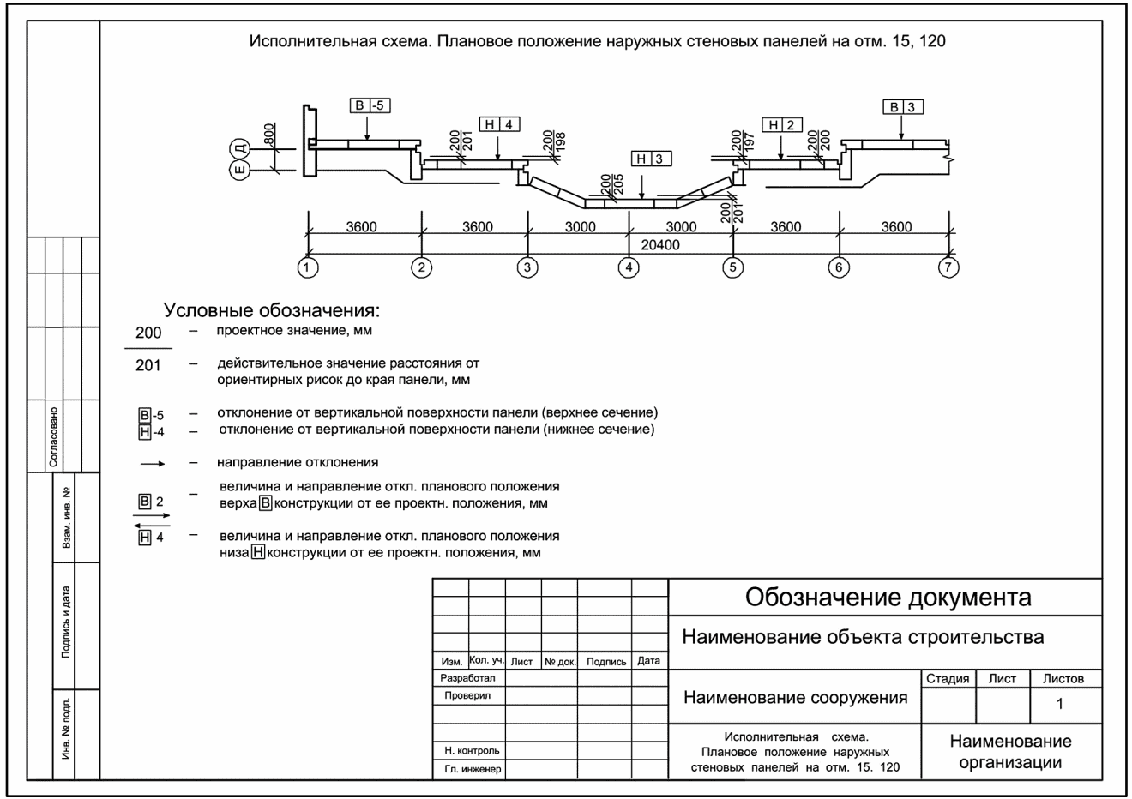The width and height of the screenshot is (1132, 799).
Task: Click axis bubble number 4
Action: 629,267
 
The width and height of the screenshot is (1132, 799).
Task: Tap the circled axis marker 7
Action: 948,267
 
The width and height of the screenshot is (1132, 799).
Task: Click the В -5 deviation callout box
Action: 370,105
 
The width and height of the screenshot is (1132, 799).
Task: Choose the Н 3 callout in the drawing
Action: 651,158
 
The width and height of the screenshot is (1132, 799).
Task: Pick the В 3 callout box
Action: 904,107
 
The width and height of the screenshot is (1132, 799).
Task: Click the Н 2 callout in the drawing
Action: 781,124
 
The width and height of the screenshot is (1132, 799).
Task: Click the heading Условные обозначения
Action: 271,310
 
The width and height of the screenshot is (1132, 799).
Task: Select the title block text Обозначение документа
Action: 888,597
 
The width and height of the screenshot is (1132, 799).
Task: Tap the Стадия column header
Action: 948,678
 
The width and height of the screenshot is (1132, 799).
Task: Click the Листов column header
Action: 1063,678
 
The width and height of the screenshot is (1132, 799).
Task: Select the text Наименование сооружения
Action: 795,697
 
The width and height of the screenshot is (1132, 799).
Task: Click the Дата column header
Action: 648,661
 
